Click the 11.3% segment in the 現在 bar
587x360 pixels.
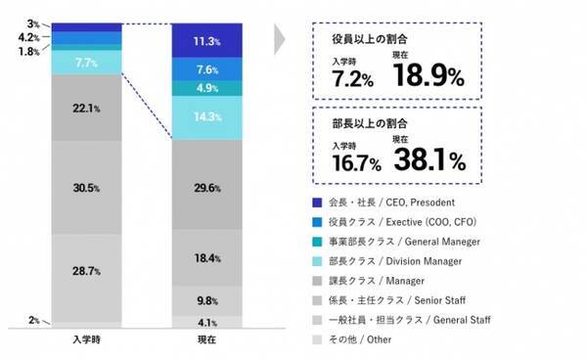(207, 40)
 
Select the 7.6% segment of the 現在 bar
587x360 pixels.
(207, 69)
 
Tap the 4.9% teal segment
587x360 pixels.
(207, 88)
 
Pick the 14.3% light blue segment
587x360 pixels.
(207, 117)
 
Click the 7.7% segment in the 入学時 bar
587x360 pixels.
(87, 63)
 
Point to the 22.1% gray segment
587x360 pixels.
(87, 108)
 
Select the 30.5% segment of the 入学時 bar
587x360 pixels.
(87, 188)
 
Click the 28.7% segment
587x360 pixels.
(87, 278)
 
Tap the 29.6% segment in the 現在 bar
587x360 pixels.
(207, 185)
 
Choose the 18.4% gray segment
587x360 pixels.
(207, 258)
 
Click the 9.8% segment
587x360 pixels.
(207, 301)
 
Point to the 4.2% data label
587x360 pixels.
(28, 37)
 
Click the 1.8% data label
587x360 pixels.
(28, 51)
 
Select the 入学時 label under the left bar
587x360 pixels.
(86, 339)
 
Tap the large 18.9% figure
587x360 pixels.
(429, 75)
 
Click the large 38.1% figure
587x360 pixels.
(429, 159)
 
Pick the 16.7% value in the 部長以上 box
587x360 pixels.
(357, 163)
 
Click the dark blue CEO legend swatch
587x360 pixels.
(317, 202)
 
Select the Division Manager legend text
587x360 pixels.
(424, 261)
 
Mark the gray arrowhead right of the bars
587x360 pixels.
(279, 39)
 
